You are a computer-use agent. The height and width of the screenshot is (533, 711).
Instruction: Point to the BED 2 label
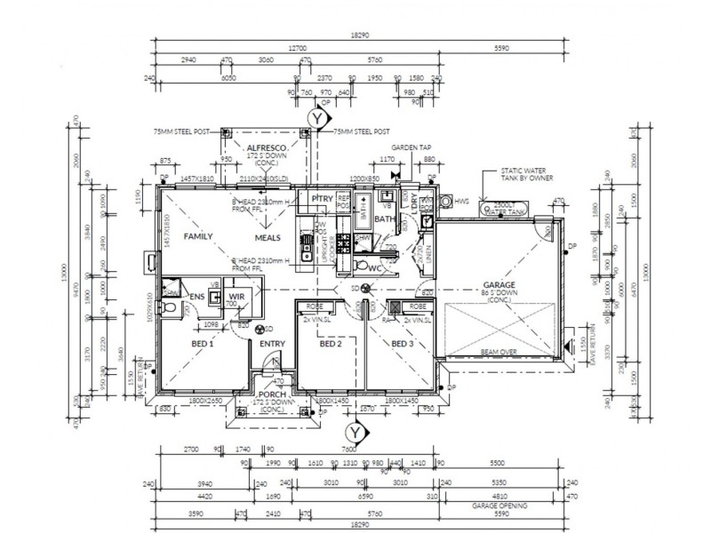tap(331, 343)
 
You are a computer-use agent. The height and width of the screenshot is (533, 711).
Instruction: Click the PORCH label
tap(271, 395)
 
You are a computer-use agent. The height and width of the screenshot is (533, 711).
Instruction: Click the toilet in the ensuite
tap(170, 307)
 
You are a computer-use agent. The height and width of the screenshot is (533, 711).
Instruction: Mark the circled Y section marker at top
tap(315, 116)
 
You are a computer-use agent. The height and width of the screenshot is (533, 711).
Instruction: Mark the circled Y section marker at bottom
tap(355, 433)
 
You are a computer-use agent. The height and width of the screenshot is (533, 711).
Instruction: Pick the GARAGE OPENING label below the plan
tap(500, 505)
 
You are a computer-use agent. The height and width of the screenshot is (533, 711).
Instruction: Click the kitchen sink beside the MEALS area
tap(305, 258)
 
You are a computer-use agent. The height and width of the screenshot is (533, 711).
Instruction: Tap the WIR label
tap(236, 296)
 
